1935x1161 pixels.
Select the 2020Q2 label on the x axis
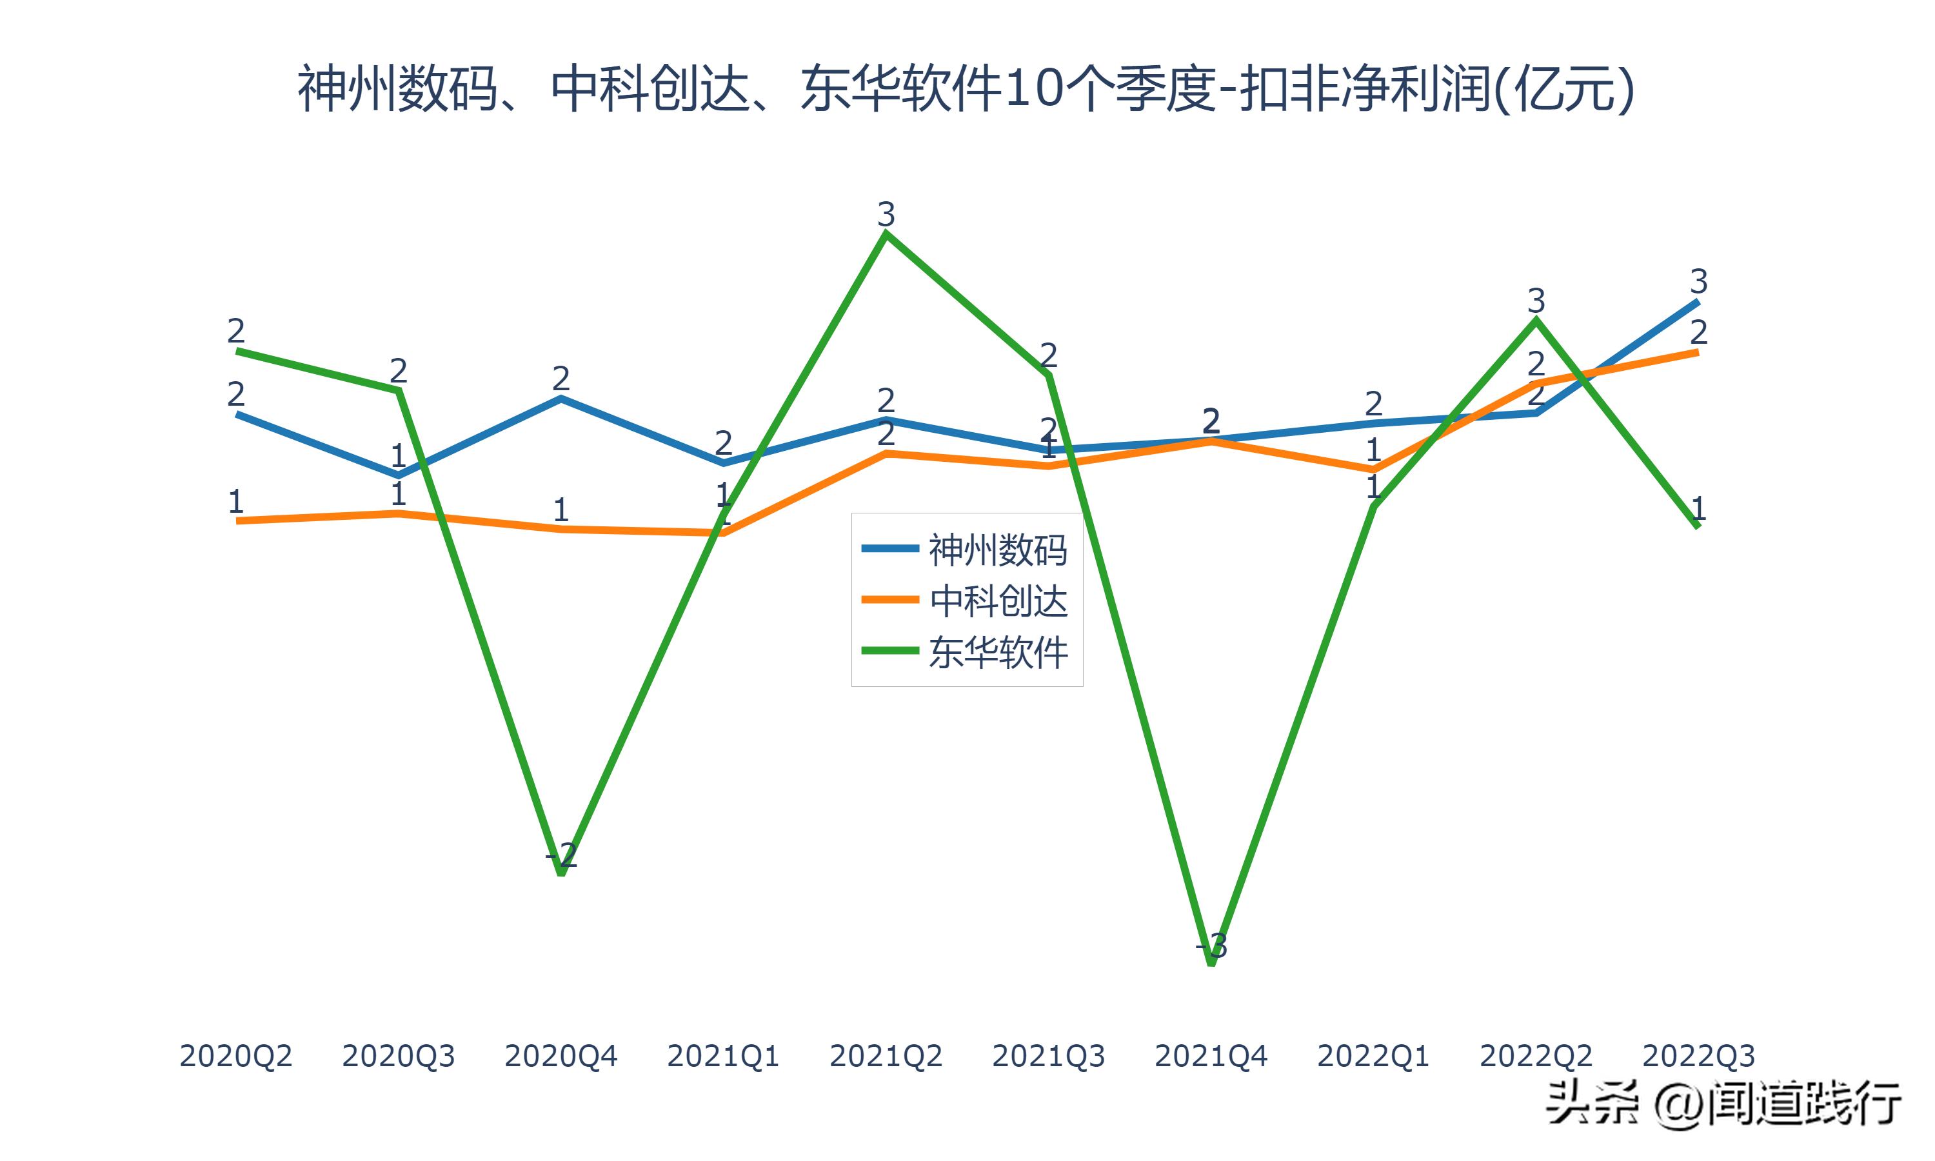click(x=235, y=1056)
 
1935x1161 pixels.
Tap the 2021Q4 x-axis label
click(x=1210, y=1056)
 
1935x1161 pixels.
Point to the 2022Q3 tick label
click(x=1698, y=1056)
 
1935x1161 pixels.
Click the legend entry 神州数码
click(x=997, y=550)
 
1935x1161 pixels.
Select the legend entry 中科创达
click(x=997, y=601)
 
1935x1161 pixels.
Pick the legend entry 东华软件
click(x=997, y=651)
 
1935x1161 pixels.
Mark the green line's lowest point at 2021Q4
click(x=1211, y=963)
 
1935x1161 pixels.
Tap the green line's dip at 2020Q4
click(x=562, y=872)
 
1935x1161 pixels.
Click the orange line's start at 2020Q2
click(x=237, y=521)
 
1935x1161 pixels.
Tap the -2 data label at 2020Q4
click(x=562, y=855)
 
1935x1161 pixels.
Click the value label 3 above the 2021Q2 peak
click(x=886, y=213)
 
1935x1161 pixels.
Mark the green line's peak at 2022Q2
click(x=1536, y=319)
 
